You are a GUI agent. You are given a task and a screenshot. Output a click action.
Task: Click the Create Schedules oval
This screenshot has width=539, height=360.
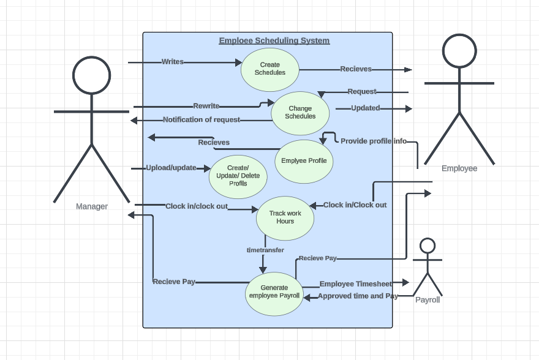pyautogui.click(x=269, y=69)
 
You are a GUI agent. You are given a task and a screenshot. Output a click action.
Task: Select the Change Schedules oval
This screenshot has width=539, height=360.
pyautogui.click(x=300, y=113)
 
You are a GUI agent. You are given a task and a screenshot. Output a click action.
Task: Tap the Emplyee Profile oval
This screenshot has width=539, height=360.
pyautogui.click(x=304, y=161)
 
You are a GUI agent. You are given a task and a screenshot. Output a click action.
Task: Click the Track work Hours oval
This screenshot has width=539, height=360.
pyautogui.click(x=285, y=217)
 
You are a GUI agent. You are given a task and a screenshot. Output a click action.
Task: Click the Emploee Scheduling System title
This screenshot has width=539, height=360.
pyautogui.click(x=274, y=41)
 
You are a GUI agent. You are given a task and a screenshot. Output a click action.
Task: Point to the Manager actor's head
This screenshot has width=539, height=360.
pyautogui.click(x=91, y=75)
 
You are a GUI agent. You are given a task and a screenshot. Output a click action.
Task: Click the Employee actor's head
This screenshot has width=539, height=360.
pyautogui.click(x=459, y=51)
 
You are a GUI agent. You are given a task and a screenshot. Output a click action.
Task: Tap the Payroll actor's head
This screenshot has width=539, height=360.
pyautogui.click(x=428, y=246)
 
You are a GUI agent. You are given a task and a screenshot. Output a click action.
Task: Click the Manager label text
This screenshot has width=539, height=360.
pyautogui.click(x=92, y=206)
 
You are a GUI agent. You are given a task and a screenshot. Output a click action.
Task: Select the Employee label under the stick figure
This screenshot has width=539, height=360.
pyautogui.click(x=459, y=168)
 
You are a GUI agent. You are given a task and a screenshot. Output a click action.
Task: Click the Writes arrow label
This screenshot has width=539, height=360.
pyautogui.click(x=173, y=62)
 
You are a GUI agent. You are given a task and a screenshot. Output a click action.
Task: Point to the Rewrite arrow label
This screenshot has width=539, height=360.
pyautogui.click(x=206, y=107)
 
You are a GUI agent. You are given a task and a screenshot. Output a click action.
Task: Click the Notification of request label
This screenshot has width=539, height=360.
pyautogui.click(x=202, y=120)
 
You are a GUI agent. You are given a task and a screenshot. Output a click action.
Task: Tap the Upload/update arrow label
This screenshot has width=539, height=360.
pyautogui.click(x=171, y=168)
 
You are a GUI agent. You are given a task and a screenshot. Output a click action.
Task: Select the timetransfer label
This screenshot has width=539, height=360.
pyautogui.click(x=265, y=250)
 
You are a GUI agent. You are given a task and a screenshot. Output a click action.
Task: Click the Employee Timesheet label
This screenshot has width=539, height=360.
pyautogui.click(x=356, y=284)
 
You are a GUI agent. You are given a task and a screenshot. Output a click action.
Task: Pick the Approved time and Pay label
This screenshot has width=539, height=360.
pyautogui.click(x=358, y=296)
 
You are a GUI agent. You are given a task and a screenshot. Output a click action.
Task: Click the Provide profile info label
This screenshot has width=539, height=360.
pyautogui.click(x=374, y=141)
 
